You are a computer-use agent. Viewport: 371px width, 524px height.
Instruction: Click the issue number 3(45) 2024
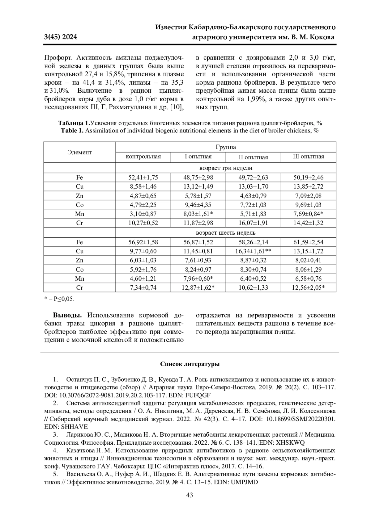[x=61, y=37]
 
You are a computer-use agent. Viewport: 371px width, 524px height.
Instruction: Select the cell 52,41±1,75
[x=143, y=178]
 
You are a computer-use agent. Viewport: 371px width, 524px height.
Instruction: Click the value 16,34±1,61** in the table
[x=253, y=251]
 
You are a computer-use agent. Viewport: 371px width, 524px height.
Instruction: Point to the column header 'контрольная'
[x=143, y=157]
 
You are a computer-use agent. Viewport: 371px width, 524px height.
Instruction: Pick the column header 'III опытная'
[x=308, y=157]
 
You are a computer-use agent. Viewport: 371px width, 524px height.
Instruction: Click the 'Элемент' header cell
[x=79, y=152]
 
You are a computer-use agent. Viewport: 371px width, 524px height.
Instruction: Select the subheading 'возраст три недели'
[x=226, y=168]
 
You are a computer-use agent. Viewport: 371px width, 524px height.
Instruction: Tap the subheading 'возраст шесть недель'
[x=226, y=233]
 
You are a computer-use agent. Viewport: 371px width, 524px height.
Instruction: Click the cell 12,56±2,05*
[x=308, y=288]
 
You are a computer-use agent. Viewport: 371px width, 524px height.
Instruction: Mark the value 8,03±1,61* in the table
[x=198, y=214]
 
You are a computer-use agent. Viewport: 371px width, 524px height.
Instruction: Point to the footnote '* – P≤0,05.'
[x=59, y=299]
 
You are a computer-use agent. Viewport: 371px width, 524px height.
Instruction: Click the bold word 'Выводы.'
[x=67, y=316]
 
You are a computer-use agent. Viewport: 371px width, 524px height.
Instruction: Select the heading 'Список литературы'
[x=190, y=364]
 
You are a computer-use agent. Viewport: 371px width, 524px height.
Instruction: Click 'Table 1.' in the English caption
[x=72, y=131]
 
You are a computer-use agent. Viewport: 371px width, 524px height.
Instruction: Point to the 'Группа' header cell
[x=226, y=147]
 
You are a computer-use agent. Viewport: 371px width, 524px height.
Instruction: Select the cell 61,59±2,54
[x=308, y=242]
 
